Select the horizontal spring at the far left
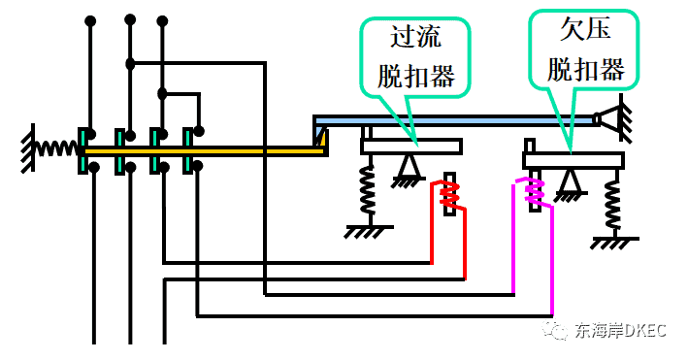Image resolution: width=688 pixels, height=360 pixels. point(58,148)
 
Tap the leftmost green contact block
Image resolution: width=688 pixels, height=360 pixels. point(83,150)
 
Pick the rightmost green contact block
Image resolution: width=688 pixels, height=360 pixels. point(188,150)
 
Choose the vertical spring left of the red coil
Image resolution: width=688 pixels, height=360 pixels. point(369,190)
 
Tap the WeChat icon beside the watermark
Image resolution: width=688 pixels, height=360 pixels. point(557,331)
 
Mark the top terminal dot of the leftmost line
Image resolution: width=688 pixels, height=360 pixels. point(91,19)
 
